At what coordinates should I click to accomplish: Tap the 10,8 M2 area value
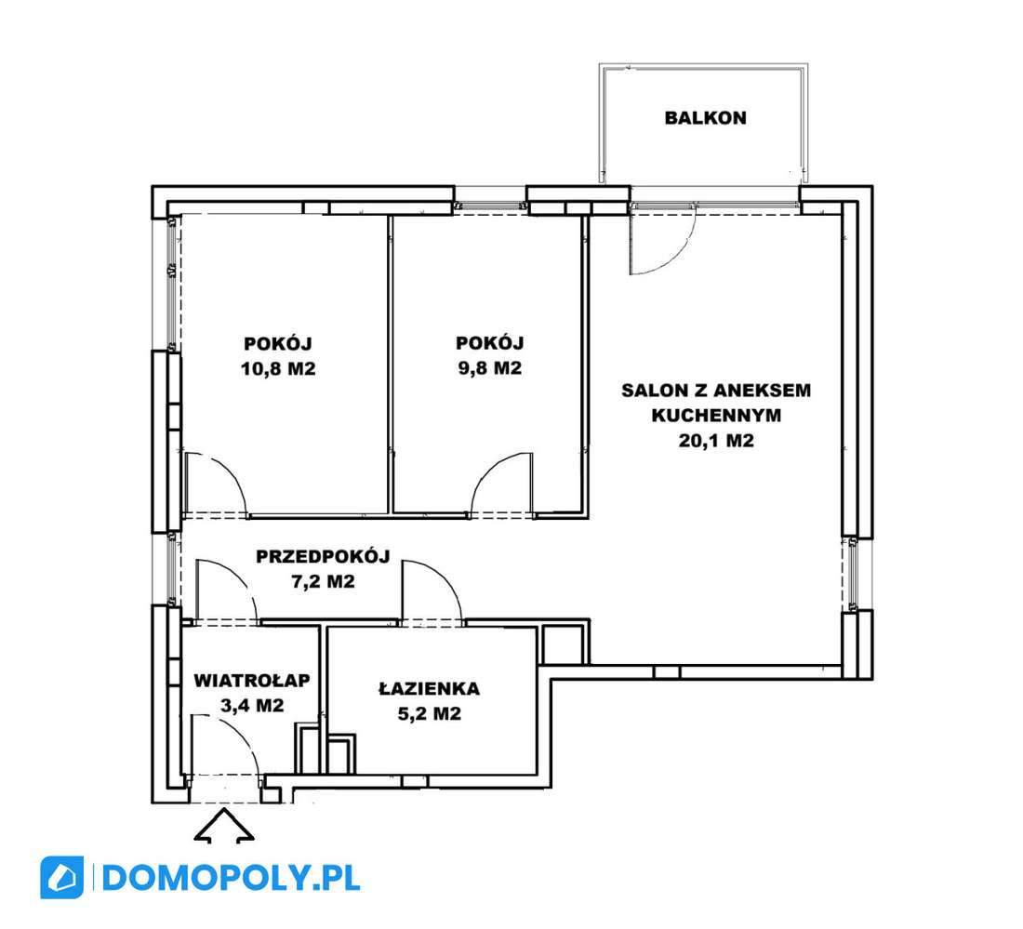(279, 368)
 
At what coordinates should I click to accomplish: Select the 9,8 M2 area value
(490, 368)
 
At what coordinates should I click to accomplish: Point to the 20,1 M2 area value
(716, 441)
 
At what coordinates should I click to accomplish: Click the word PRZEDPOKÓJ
(323, 556)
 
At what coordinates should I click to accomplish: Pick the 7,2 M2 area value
(323, 581)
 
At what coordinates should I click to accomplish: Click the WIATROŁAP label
(252, 681)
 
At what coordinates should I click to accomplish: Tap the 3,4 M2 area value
(252, 705)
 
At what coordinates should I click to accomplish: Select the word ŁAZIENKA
(430, 688)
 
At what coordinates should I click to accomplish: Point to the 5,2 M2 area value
(430, 713)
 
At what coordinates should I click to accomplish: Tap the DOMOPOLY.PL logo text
(231, 878)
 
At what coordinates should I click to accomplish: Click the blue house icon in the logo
(62, 878)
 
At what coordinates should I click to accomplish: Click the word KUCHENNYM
(716, 416)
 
